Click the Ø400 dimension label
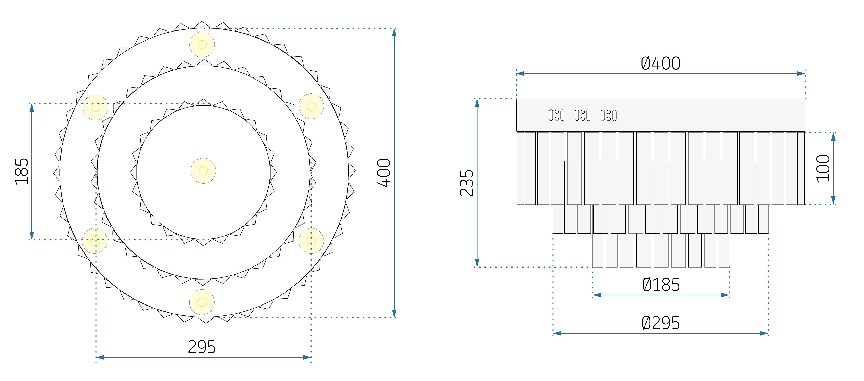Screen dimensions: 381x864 [660, 63]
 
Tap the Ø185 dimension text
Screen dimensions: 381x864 [661, 285]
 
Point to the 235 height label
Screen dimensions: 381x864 [467, 183]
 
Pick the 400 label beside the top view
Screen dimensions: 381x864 [384, 173]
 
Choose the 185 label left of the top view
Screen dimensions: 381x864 [21, 172]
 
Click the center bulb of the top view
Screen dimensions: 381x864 [203, 171]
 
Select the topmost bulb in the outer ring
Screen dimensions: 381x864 [202, 44]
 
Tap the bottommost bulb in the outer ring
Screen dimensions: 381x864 [202, 302]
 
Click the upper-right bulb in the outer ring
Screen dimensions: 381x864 [311, 106]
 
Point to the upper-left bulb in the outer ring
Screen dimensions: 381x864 [96, 107]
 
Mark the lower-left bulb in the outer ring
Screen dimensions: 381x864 [95, 241]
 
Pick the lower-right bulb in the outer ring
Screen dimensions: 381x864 [311, 241]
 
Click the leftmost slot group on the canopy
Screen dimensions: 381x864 [557, 115]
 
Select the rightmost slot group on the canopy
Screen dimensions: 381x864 [609, 115]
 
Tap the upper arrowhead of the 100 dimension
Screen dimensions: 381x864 [833, 136]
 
